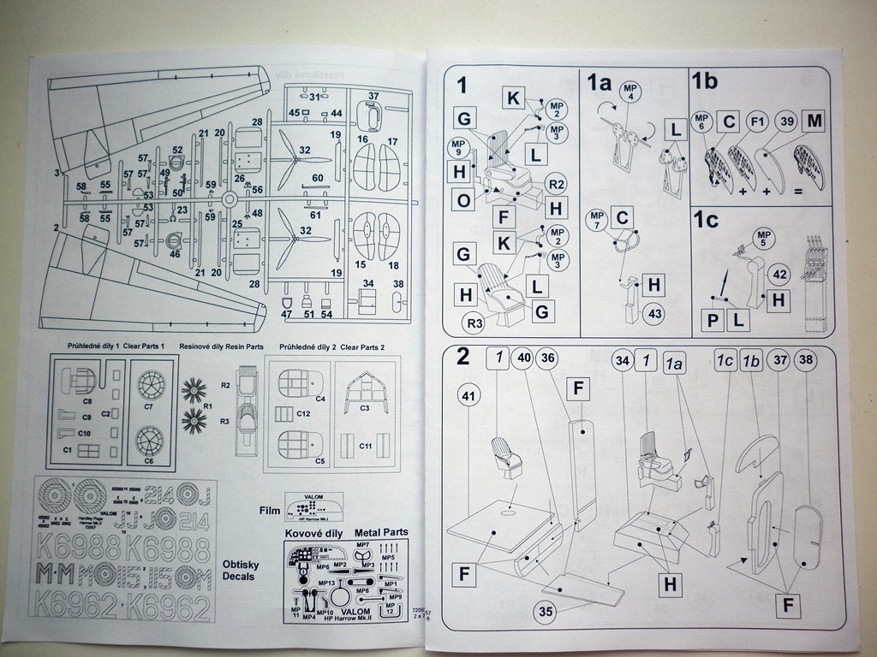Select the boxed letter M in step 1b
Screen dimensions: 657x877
tap(814, 121)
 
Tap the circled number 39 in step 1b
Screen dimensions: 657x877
tap(786, 121)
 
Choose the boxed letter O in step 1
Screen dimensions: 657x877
tap(463, 201)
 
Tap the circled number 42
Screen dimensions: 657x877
tap(779, 274)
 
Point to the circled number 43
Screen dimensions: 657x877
tap(655, 313)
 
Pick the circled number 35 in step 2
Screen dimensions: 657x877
tap(545, 611)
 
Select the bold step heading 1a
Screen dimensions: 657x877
tap(598, 83)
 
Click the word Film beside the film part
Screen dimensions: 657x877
tap(270, 511)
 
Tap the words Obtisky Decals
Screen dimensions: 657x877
tap(239, 571)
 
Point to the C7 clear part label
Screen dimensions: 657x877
tap(148, 406)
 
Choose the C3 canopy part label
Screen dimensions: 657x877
tap(364, 408)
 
